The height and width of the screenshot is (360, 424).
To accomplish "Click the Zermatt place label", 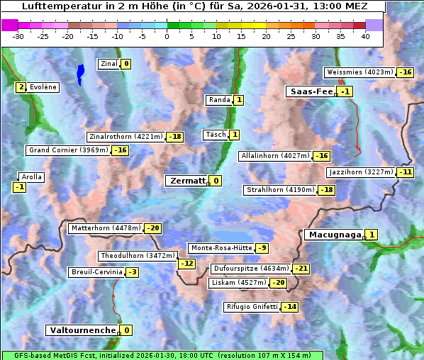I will [186, 181].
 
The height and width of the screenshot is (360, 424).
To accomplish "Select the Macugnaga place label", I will [333, 235].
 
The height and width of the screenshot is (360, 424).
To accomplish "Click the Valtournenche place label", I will [82, 330].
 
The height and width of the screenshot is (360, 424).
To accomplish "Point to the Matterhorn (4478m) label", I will [105, 228].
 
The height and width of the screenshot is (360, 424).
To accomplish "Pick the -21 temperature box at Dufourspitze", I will [301, 269].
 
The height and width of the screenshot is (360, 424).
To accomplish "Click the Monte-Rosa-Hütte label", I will [221, 248].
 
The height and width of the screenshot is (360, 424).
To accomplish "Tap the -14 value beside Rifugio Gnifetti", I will [289, 307].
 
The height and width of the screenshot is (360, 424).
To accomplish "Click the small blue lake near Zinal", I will [80, 72].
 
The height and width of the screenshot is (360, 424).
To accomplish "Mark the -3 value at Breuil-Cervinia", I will [133, 272].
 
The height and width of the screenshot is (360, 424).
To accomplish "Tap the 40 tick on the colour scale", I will [365, 36].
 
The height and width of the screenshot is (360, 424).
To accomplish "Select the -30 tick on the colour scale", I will [18, 36].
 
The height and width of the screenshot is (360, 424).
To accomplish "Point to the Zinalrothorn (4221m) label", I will [125, 137].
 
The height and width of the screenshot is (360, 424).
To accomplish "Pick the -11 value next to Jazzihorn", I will [405, 172].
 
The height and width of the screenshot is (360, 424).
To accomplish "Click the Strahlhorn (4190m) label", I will [280, 190].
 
